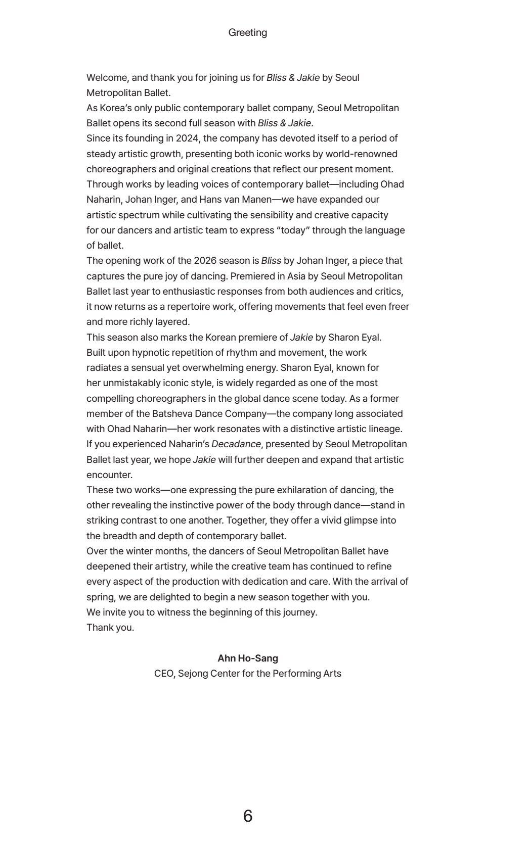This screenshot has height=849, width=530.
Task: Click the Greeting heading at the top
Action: (x=247, y=33)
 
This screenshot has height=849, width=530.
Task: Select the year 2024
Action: (x=187, y=138)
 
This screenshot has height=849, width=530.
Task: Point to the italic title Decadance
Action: (x=236, y=444)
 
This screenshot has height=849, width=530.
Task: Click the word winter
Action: (x=140, y=551)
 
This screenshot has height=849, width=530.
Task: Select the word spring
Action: (x=101, y=597)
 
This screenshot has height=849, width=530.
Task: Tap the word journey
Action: (x=300, y=612)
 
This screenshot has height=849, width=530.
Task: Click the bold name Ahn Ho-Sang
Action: (x=247, y=658)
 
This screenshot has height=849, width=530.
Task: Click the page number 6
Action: (x=247, y=816)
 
